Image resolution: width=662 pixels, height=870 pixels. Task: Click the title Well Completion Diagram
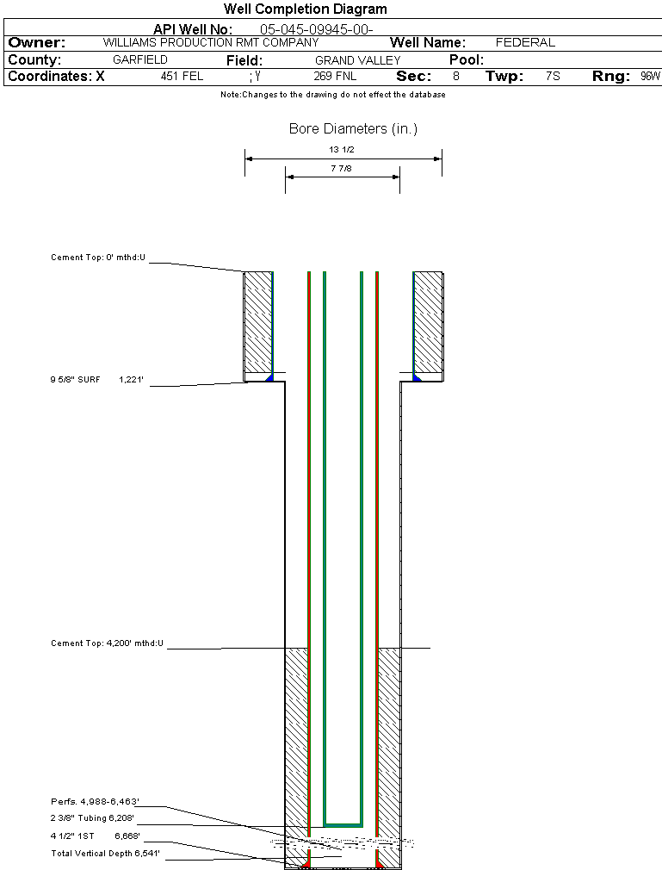point(305,9)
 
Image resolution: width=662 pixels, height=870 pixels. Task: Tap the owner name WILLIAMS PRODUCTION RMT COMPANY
point(210,42)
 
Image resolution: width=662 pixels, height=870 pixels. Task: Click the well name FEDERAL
point(525,42)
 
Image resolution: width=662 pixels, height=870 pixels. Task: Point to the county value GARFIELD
point(140,60)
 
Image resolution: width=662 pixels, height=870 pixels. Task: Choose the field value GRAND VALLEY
point(357,60)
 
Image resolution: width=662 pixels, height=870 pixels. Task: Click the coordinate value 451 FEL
point(182,77)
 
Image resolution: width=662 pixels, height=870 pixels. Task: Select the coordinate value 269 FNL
point(335,77)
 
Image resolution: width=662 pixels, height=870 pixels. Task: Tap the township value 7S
point(553,77)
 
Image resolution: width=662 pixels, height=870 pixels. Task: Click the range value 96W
point(650,77)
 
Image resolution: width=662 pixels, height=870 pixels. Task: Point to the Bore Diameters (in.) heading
point(353,129)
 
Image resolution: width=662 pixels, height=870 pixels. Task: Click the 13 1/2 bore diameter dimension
point(342,150)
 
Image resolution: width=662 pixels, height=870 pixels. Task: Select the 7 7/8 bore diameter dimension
point(341,169)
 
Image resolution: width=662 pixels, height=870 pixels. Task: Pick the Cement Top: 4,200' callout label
point(107,643)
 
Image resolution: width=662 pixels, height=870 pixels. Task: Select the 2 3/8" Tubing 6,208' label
point(92,819)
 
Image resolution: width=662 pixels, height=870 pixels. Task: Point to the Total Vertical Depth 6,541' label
point(105,854)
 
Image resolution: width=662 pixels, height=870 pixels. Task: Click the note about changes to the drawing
point(333,95)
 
